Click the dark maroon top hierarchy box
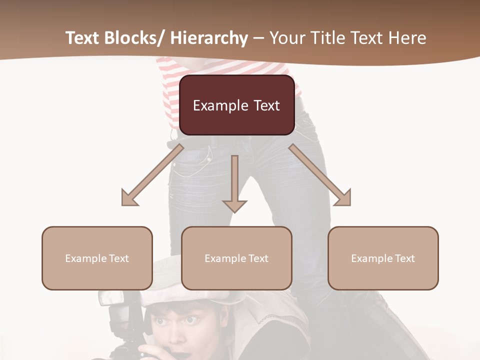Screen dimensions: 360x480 coord(236,105)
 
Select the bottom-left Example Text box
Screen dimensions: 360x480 coord(97,258)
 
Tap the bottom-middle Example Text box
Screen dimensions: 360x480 coord(236,258)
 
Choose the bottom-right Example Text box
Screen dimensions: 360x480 coord(383,258)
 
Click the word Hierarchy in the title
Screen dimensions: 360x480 coord(208,38)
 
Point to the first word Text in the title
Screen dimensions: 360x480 coord(83,38)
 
